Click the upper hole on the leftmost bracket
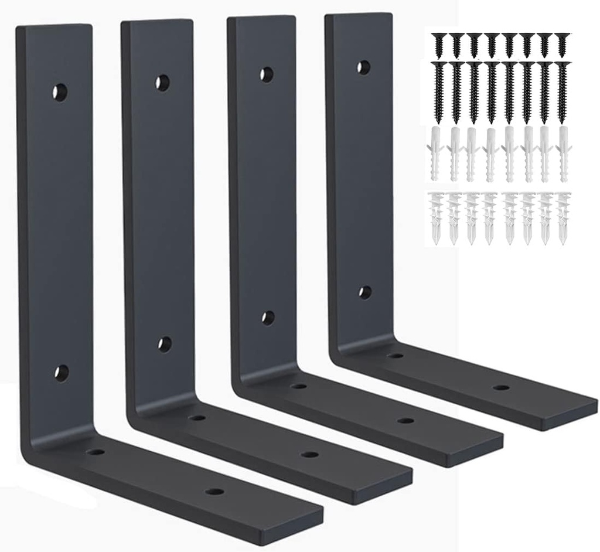pos(60,92)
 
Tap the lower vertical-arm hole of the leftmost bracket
pos(61,372)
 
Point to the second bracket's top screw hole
pos(162,83)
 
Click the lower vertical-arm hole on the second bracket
pos(165,344)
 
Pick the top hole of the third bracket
pos(267,75)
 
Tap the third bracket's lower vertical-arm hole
pos(268,318)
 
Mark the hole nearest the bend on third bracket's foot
pos(299,386)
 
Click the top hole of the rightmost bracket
pos(363,67)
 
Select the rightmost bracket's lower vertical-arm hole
pos(365,292)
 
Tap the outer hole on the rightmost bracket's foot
pos(500,387)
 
